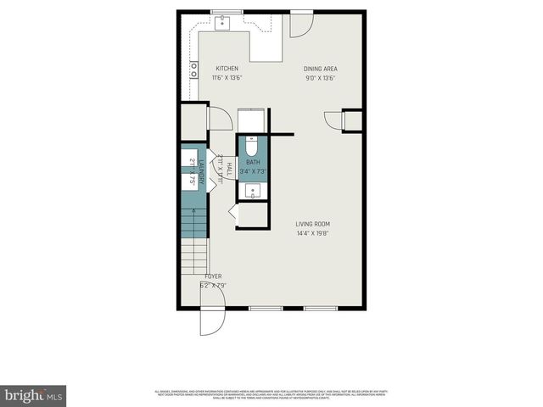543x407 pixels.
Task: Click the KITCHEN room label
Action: pyautogui.click(x=227, y=69)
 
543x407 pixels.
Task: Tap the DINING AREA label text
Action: pyautogui.click(x=319, y=69)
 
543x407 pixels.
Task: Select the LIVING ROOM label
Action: pyautogui.click(x=312, y=224)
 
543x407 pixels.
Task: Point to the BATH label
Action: pyautogui.click(x=253, y=162)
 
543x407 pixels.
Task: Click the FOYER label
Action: pyautogui.click(x=213, y=277)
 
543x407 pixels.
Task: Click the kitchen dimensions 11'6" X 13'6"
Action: pyautogui.click(x=227, y=77)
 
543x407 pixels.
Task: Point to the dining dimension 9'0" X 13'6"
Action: pyautogui.click(x=320, y=77)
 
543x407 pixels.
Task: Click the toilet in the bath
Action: pyautogui.click(x=253, y=144)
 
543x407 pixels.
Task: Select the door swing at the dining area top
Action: pyautogui.click(x=300, y=25)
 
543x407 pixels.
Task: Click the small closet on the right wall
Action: pyautogui.click(x=352, y=120)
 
